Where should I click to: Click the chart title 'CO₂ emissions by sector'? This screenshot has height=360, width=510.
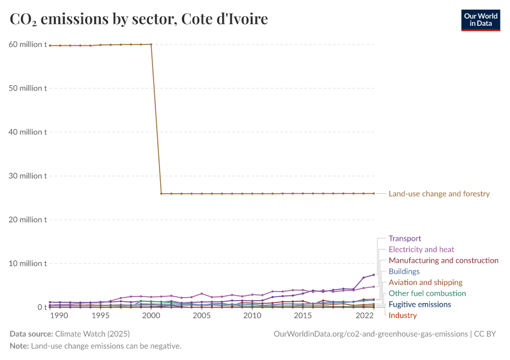pos(139,19)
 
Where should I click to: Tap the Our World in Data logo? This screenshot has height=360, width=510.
pos(480,20)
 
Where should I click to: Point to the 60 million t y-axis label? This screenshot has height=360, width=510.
pos(28,44)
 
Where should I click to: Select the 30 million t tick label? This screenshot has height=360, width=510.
pos(28,176)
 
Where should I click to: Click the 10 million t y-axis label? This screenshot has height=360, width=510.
pos(28,263)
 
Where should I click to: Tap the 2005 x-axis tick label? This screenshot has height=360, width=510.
pos(202,316)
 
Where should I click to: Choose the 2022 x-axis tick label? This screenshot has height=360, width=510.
pos(364,316)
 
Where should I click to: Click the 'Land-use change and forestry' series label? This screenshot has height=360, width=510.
pos(439,194)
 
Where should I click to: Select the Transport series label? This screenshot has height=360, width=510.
pos(405,238)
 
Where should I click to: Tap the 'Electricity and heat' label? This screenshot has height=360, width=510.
pos(421,249)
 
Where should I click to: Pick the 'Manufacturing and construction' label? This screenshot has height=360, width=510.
pos(443,260)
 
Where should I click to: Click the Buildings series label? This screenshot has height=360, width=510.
pos(404,271)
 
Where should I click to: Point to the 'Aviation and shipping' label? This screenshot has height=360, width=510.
pos(425,282)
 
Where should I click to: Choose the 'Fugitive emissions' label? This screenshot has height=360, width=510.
pos(420,304)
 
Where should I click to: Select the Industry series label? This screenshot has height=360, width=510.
pos(403,315)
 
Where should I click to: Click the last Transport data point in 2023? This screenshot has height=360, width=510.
pos(374,275)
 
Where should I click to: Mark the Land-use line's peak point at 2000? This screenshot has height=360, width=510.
pos(151,44)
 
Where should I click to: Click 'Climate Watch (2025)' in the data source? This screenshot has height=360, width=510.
pos(92,334)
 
